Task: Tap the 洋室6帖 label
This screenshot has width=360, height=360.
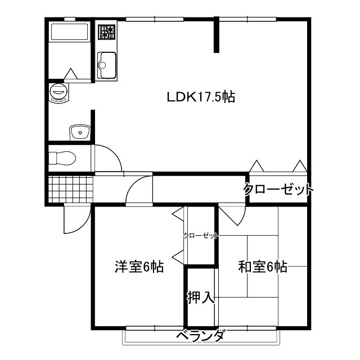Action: (139, 267)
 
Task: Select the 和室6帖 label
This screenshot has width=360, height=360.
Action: (263, 267)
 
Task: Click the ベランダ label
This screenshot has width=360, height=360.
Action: (201, 337)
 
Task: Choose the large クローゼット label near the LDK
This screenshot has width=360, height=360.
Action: (278, 190)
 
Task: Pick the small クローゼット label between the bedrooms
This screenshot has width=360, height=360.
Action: (201, 236)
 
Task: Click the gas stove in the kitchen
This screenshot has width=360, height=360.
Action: (106, 32)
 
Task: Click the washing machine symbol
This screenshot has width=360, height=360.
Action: (58, 92)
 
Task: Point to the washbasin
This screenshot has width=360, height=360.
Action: (80, 133)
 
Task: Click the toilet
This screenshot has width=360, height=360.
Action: (61, 157)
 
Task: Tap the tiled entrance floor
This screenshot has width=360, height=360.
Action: (70, 189)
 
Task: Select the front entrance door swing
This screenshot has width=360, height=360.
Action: (75, 219)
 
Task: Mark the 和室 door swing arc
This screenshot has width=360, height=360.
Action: (232, 215)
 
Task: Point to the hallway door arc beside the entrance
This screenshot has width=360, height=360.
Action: (139, 191)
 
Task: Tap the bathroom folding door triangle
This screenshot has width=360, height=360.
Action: (71, 74)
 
